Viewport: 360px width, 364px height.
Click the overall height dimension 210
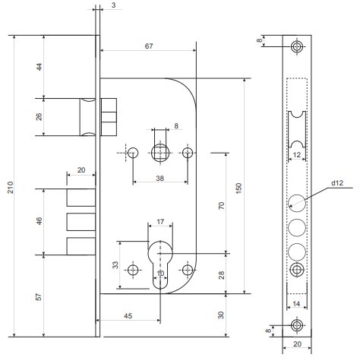pyautogui.click(x=10, y=187)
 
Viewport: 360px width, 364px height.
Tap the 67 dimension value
pyautogui.click(x=149, y=46)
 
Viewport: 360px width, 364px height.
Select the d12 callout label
pyautogui.click(x=337, y=182)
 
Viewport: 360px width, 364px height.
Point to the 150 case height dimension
pyautogui.click(x=238, y=188)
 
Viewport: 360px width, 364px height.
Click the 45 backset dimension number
pyautogui.click(x=128, y=316)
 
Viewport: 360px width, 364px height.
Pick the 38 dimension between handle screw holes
pyautogui.click(x=159, y=179)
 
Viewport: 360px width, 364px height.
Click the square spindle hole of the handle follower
pyautogui.click(x=160, y=153)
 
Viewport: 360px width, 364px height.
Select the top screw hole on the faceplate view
pyautogui.click(x=297, y=46)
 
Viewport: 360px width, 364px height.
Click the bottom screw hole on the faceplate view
pyautogui.click(x=297, y=325)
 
